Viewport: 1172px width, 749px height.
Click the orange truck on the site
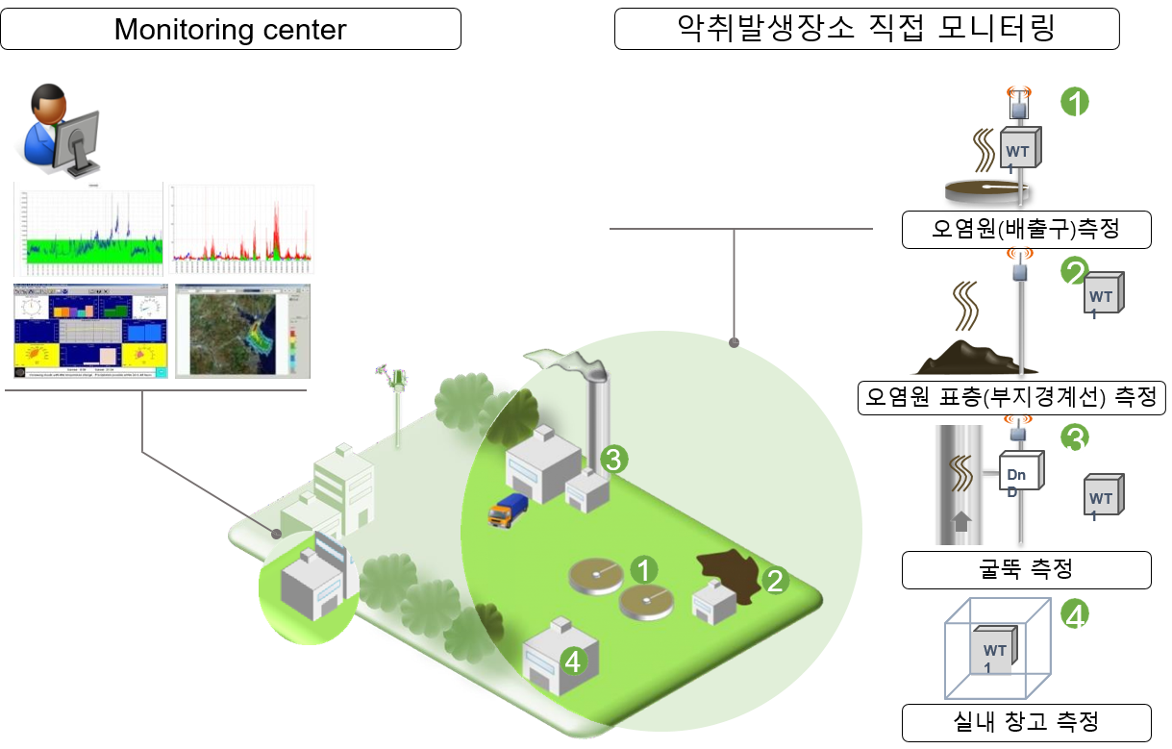pos(507,510)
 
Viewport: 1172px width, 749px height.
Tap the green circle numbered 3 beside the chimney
pos(613,459)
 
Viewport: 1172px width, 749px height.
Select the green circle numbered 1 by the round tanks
pos(643,569)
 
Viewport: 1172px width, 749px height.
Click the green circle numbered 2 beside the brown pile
pos(775,580)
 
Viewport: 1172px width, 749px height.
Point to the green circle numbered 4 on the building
pos(573,661)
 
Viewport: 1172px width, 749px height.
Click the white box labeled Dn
pos(1019,473)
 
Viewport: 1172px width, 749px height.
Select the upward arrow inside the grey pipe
pos(960,522)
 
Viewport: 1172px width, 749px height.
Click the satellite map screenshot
pos(242,330)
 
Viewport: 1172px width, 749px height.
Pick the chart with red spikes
pos(243,229)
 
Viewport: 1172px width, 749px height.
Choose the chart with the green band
pos(89,229)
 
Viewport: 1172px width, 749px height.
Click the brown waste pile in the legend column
pos(962,356)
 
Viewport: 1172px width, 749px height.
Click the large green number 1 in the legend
pos(1074,102)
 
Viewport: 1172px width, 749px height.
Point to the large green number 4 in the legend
pos(1075,614)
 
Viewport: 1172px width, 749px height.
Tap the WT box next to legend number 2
pos(1102,295)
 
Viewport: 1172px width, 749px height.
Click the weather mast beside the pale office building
pos(395,404)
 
